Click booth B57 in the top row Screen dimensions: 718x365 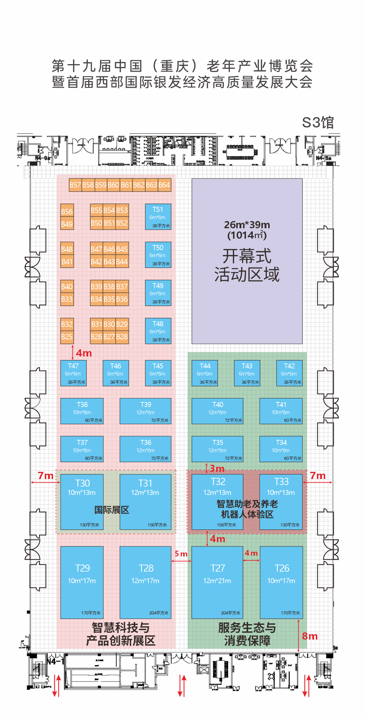(x=75, y=185)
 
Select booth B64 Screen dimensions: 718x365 (x=164, y=185)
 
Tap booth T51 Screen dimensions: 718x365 (x=158, y=216)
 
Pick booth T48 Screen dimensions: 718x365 (x=158, y=331)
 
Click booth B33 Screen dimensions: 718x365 (x=67, y=299)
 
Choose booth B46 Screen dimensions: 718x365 (x=109, y=249)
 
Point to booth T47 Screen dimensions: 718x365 (x=74, y=373)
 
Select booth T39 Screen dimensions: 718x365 (x=146, y=411)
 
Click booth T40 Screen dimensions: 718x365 (x=218, y=411)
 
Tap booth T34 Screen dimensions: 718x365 (x=281, y=449)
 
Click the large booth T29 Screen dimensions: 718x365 (x=82, y=582)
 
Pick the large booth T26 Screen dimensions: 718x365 (x=281, y=582)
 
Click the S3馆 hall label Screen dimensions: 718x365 (x=318, y=123)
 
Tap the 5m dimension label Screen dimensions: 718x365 (x=181, y=554)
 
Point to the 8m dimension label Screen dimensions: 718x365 (x=310, y=636)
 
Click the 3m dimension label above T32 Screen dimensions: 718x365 (x=217, y=468)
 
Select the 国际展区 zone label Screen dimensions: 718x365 (x=112, y=510)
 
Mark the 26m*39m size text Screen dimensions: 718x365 (x=247, y=225)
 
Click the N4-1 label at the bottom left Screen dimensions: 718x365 (x=55, y=661)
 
